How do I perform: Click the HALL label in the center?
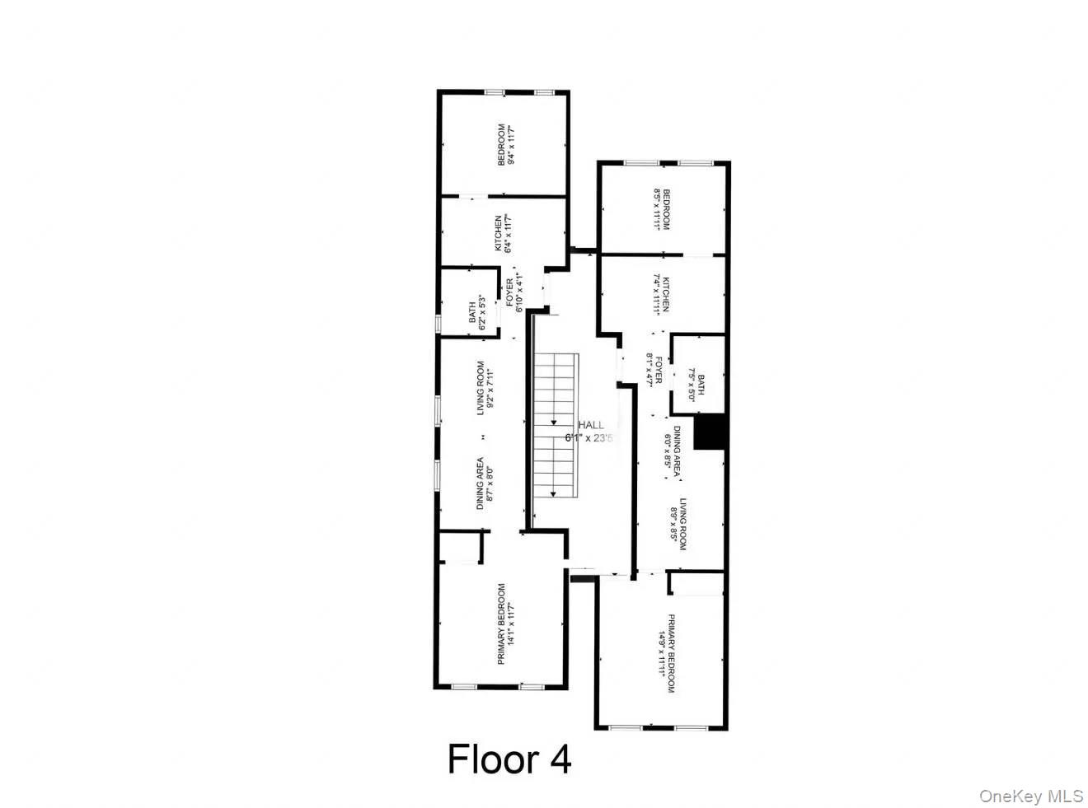[x=589, y=432]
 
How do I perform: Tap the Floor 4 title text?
[x=509, y=759]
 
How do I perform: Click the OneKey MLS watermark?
[x=1031, y=796]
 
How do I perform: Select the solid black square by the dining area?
[x=709, y=433]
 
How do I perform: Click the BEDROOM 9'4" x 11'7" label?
[x=505, y=145]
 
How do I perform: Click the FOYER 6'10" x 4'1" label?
[x=514, y=294]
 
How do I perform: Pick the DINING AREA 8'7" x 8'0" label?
[x=485, y=483]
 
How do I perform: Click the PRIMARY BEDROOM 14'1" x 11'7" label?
[x=505, y=624]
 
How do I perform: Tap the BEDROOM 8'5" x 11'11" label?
[x=662, y=209]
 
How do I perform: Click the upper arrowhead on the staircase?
[x=553, y=422]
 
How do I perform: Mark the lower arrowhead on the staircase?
[x=553, y=493]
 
